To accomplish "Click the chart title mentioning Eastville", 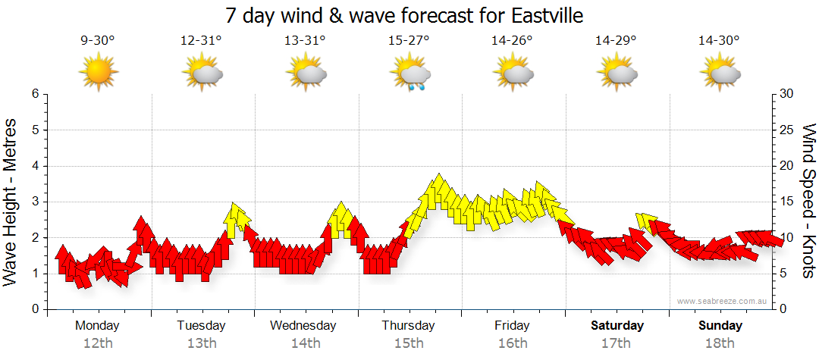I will coord(409,15).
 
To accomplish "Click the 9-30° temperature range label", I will coord(98,41).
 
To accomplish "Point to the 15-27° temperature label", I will coord(409,41).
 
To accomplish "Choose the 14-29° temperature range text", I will coord(616,41).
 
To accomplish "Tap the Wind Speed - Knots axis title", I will coord(808,201).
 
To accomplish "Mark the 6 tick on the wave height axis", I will coord(35,94).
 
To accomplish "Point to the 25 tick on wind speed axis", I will coord(786,130).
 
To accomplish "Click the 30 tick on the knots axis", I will coord(786,94).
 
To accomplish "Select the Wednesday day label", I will coord(303,326).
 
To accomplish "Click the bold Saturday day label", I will coord(617,326).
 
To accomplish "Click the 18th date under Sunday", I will coord(720,343).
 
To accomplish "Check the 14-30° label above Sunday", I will coord(720,41).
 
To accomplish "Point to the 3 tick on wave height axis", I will coord(35,202).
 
